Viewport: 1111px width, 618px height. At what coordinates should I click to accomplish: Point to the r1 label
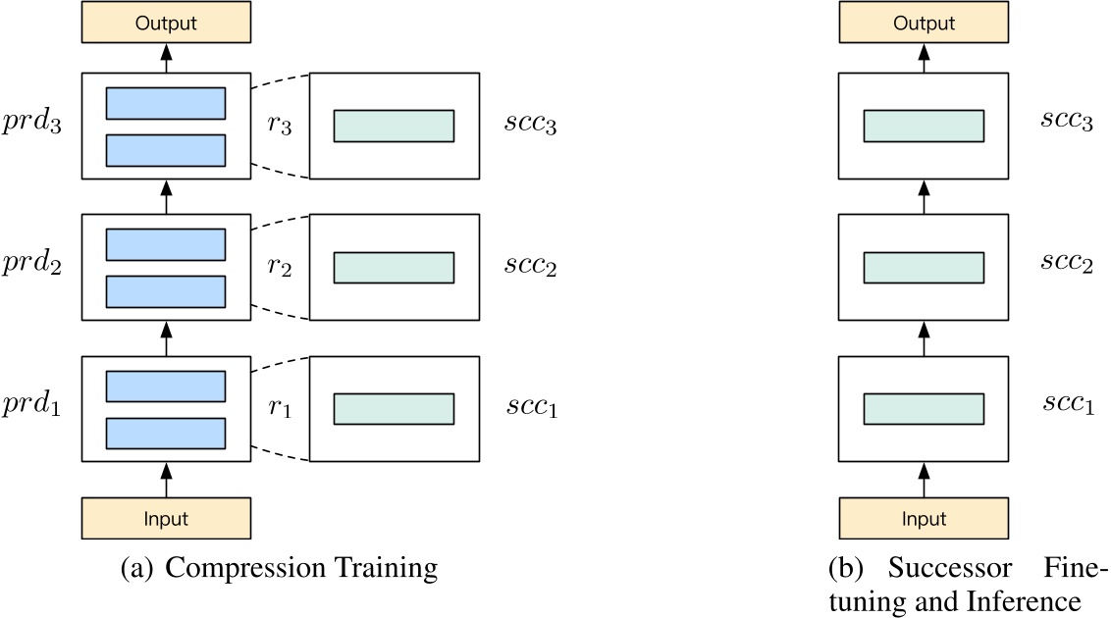[x=281, y=407]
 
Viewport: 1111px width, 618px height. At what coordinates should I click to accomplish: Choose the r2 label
[x=281, y=267]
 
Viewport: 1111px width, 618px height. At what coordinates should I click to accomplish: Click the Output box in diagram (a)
[x=166, y=22]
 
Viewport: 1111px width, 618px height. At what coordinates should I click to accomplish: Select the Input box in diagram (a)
[x=166, y=519]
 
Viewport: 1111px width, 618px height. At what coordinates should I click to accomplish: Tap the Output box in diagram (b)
[x=924, y=22]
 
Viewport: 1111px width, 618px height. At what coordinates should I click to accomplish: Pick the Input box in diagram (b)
[x=924, y=519]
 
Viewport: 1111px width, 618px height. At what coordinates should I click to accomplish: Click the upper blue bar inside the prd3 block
[x=166, y=103]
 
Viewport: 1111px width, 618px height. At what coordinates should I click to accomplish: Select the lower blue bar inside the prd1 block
[x=166, y=434]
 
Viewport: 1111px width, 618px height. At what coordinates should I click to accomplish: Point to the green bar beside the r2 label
[x=394, y=267]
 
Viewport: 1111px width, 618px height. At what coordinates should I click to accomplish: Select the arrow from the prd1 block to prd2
[x=166, y=339]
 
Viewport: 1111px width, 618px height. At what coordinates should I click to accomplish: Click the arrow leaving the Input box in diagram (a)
[x=166, y=480]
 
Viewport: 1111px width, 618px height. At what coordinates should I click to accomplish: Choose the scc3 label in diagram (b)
[x=1067, y=123]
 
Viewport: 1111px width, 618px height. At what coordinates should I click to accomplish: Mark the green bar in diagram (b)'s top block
[x=924, y=127]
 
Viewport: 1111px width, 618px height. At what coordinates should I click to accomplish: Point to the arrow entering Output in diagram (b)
[x=924, y=58]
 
